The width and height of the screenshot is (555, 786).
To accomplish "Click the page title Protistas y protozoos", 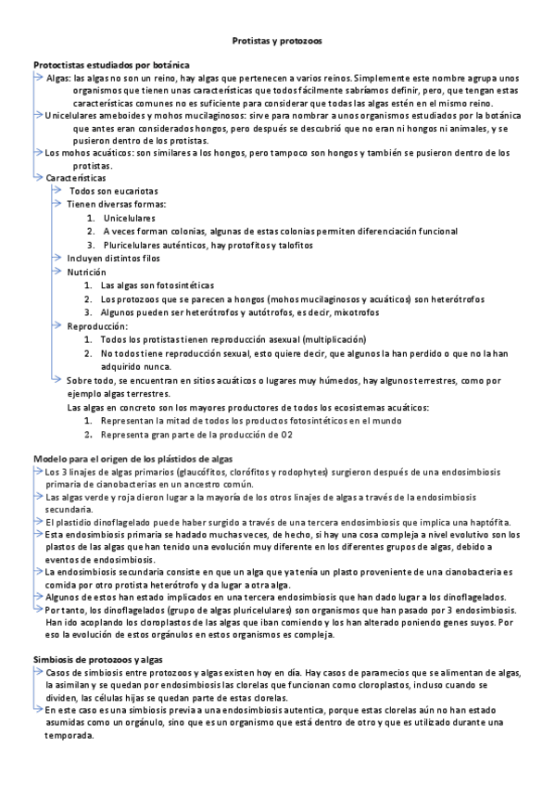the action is pyautogui.click(x=277, y=42).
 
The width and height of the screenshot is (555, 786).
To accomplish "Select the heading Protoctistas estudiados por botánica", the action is pyautogui.click(x=111, y=67).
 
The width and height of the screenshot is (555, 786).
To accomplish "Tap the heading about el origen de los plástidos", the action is pyautogui.click(x=132, y=459).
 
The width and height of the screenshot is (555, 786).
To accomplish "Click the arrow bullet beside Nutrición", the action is pyautogui.click(x=57, y=272).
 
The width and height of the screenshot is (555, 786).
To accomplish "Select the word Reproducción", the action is pyautogui.click(x=96, y=326).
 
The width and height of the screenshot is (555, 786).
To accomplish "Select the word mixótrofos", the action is pyautogui.click(x=327, y=313).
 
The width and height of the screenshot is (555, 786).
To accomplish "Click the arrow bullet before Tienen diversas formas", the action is pyautogui.click(x=57, y=203).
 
